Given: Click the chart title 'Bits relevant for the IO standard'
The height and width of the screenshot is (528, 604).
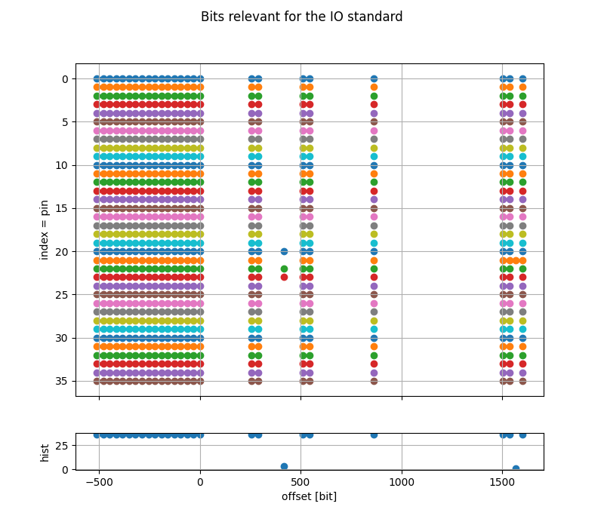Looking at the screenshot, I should [301, 17].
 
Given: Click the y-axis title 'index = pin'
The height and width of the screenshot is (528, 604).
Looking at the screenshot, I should [44, 229].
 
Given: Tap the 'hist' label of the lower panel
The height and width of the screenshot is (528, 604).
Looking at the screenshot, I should [45, 452].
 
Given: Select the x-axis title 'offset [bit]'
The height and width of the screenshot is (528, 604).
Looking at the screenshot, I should [309, 496].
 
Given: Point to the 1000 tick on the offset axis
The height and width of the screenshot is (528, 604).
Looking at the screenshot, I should [402, 482].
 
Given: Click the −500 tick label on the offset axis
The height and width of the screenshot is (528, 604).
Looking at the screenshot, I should [99, 482].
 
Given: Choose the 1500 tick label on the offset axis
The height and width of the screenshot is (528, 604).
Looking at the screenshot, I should [503, 482].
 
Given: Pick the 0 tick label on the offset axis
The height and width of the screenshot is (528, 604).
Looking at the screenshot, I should [200, 482].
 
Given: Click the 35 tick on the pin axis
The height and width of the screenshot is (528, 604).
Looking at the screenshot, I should [62, 381].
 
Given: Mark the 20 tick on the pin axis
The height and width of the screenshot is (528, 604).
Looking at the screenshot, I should [62, 251].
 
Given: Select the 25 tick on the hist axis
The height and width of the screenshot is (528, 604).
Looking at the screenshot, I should [62, 446].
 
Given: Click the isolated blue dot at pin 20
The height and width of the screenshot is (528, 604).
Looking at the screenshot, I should [284, 251].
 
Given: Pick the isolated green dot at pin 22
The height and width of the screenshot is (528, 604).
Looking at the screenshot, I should [284, 269].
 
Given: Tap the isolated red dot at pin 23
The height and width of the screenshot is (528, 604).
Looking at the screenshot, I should [284, 277].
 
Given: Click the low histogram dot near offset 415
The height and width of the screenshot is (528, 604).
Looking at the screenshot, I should [284, 466].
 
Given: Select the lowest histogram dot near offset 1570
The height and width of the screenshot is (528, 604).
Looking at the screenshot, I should [516, 468].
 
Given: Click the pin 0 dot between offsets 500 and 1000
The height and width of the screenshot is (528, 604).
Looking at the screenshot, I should [374, 78].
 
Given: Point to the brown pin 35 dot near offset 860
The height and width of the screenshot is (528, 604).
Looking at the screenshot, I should [374, 381].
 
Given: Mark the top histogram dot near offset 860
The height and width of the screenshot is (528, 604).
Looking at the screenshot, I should [374, 434].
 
